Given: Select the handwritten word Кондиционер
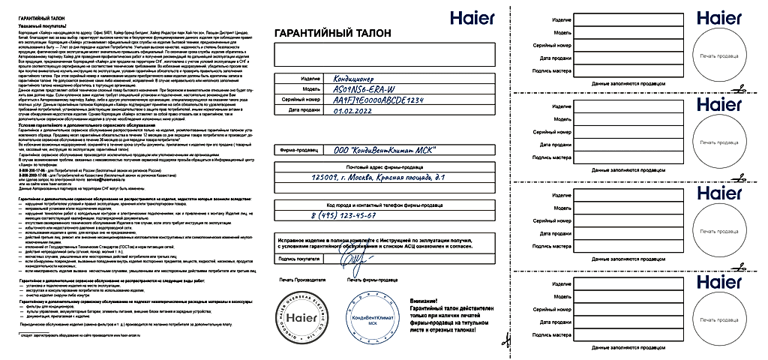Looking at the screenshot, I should coord(352,78).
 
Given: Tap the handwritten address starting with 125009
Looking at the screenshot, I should coord(382,177).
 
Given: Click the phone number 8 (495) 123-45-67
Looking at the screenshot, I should coord(343,215).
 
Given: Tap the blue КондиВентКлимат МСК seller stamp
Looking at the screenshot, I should coord(372,319).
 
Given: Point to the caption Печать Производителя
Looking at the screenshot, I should coord(303,279).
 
